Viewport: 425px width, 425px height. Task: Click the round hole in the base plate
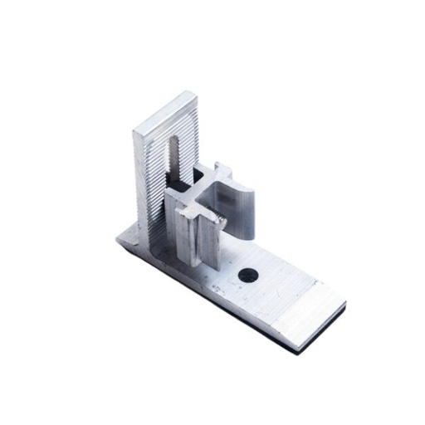[x=247, y=273]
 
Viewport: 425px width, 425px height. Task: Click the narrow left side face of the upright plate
[x=138, y=183]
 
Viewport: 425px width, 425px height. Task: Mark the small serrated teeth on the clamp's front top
[x=217, y=219]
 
